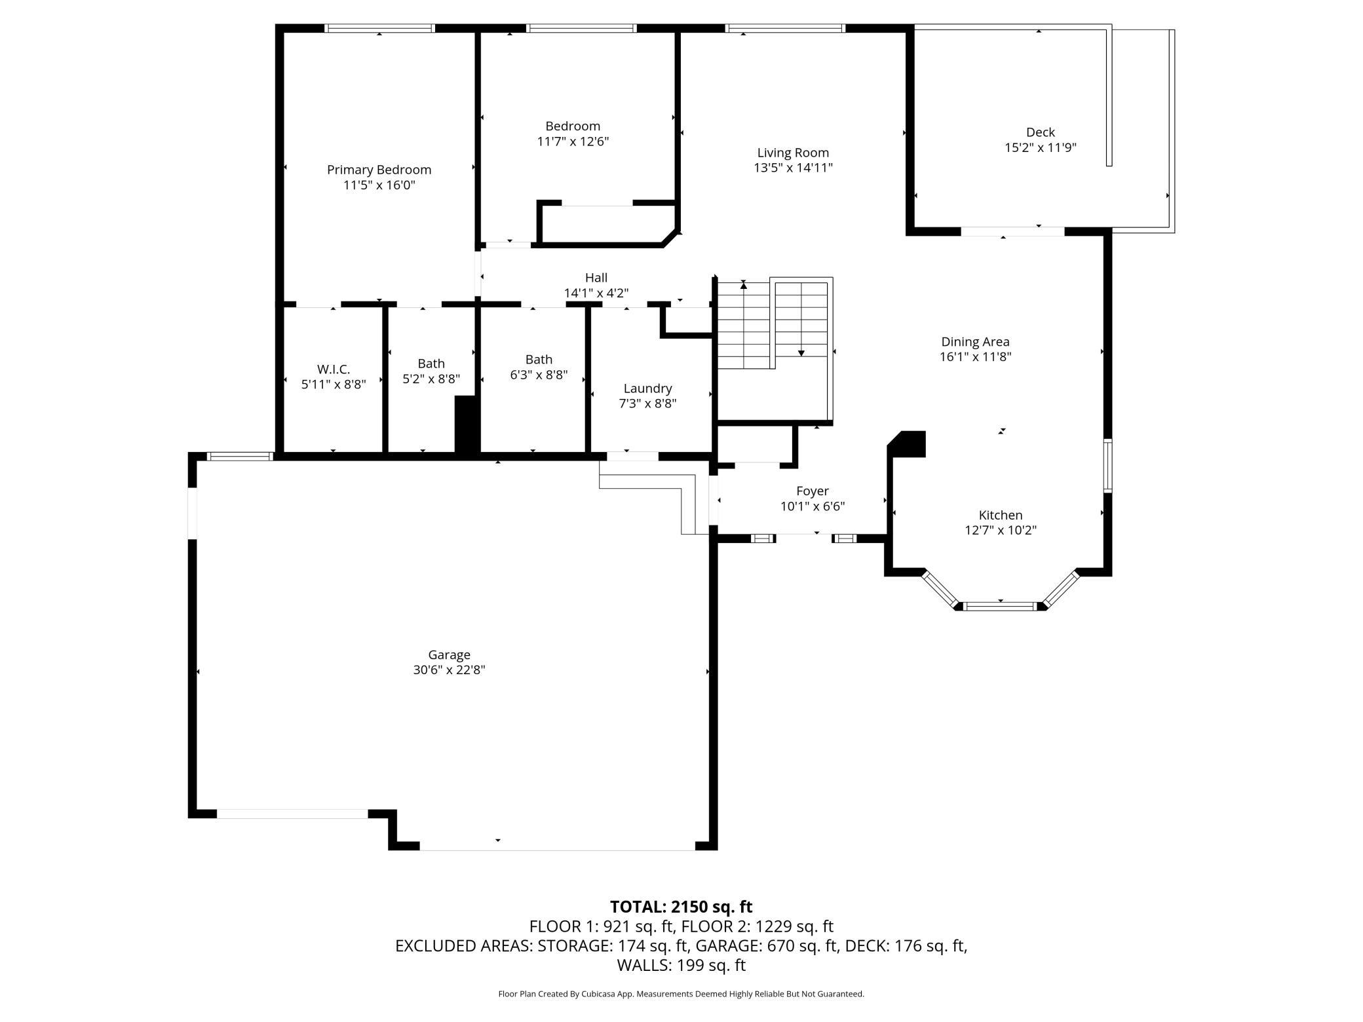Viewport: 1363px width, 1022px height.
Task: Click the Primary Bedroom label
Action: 379,170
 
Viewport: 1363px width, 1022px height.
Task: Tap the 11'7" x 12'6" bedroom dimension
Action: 573,142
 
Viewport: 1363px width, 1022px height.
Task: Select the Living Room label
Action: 793,153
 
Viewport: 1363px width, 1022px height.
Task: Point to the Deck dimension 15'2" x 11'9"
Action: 1041,148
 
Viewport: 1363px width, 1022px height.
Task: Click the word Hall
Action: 596,278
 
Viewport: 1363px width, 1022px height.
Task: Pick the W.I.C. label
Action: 334,369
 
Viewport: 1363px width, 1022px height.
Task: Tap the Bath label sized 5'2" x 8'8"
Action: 431,364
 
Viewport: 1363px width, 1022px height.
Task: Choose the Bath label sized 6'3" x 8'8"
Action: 539,360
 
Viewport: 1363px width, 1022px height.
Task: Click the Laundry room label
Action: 647,389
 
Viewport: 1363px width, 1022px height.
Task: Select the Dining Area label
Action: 975,342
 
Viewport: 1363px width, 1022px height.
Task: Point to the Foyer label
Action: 813,491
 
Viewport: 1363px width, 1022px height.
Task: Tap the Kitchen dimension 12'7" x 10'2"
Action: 1001,531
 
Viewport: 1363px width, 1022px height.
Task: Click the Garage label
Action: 450,655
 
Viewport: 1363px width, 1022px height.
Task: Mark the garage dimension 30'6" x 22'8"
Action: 450,670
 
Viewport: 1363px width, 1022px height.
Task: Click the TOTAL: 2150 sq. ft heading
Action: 681,907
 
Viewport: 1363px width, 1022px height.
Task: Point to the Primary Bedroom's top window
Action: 380,28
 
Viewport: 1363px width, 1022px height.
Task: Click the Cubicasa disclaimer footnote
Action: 681,994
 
